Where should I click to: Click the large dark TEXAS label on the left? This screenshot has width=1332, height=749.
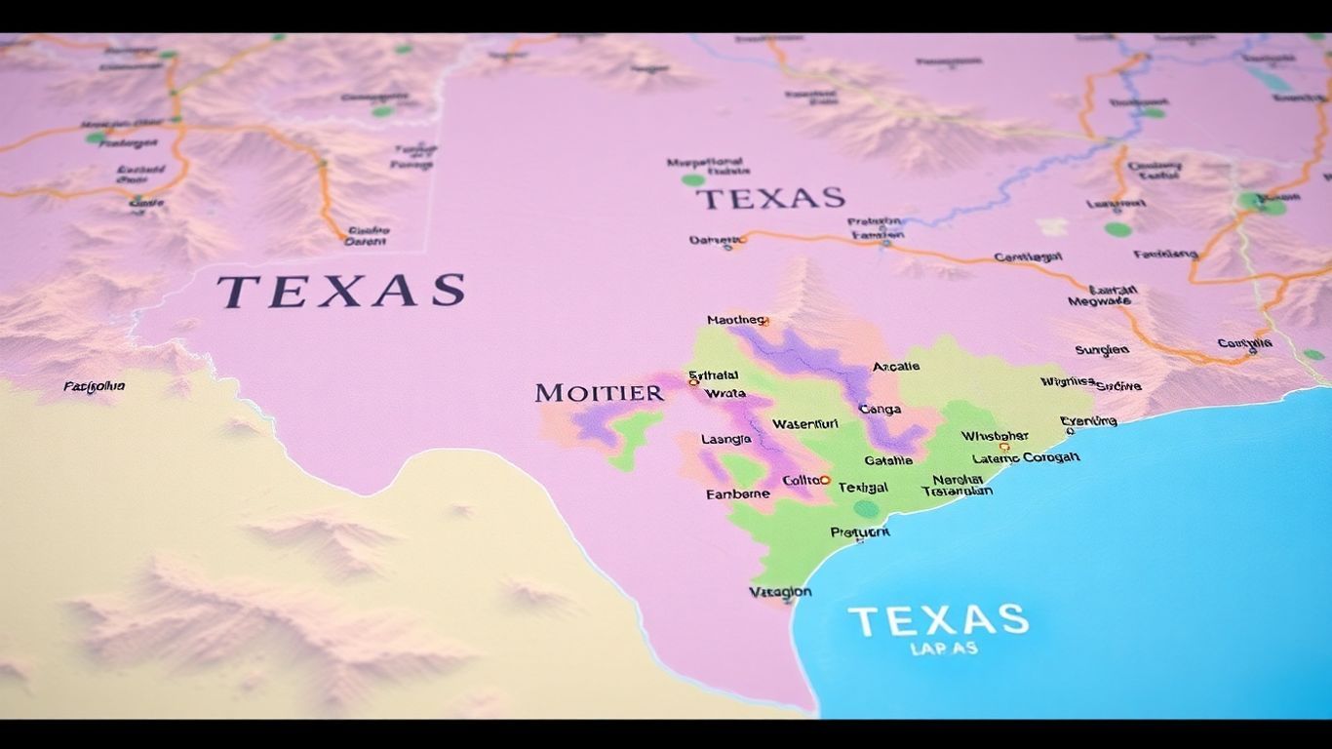point(340,291)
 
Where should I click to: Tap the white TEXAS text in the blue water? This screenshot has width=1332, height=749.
point(937,620)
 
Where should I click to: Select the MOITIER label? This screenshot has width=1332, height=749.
point(599,393)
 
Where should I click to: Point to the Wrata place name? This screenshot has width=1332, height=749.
point(725,393)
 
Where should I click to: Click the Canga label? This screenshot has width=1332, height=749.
point(880,410)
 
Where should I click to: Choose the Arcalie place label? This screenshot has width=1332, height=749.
point(896,367)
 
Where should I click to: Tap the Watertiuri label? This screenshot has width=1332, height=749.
point(804,424)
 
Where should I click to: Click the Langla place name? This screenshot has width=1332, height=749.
point(726,440)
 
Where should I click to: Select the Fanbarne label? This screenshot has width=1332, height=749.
point(737,494)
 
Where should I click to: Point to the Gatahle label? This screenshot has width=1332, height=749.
point(888,460)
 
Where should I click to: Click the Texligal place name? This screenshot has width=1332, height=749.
point(863,487)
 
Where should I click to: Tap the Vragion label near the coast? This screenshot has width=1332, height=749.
point(780,592)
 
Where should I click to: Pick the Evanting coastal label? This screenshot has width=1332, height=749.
point(1088,421)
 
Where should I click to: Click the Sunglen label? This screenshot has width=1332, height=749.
point(1102,350)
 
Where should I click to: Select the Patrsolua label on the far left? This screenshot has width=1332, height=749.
point(95,386)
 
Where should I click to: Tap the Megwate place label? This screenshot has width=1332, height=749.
point(1099,301)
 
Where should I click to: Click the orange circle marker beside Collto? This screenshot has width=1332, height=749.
point(825,480)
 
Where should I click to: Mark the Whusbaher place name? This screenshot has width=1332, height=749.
point(995,436)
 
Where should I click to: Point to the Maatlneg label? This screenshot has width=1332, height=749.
point(736,320)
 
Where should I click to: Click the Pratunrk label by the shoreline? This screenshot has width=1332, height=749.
point(859,532)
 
